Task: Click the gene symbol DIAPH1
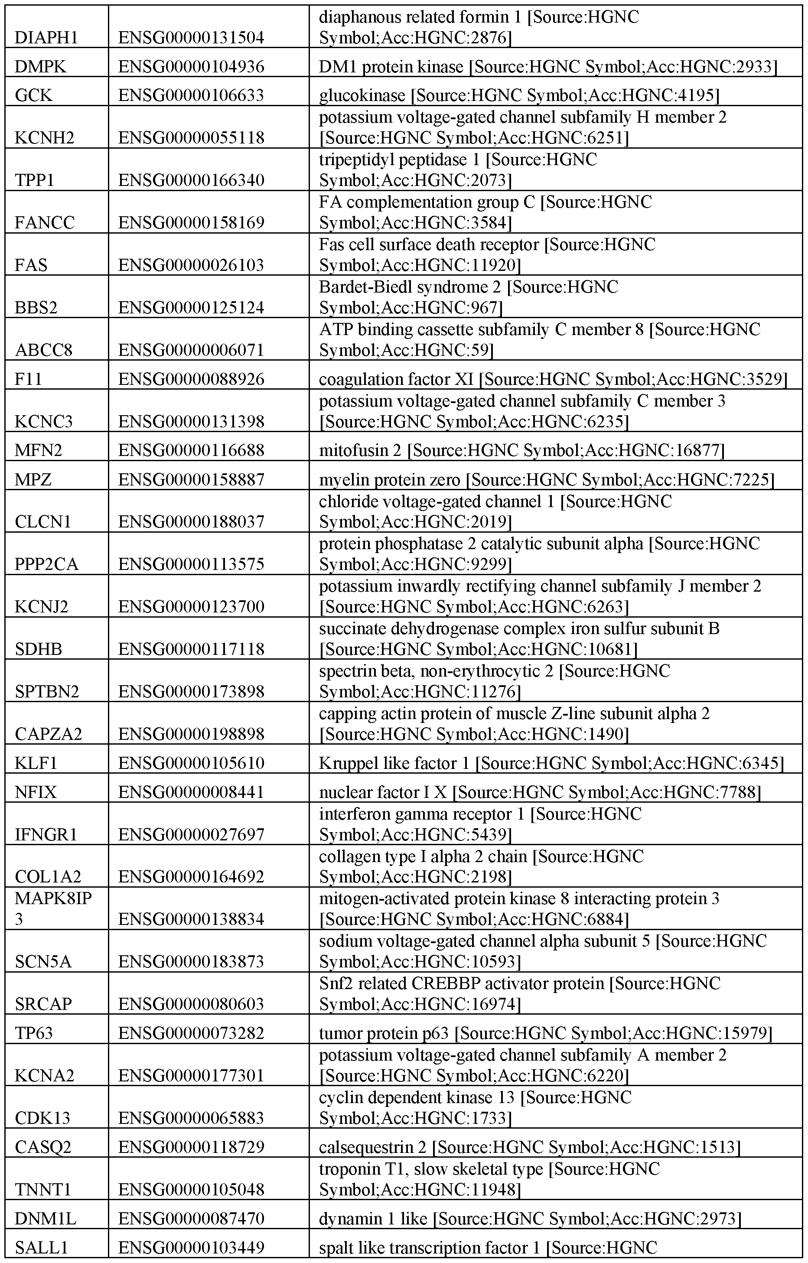tap(46, 38)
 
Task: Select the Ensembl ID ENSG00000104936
tap(191, 67)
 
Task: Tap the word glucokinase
tap(362, 95)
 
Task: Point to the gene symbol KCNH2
tap(45, 137)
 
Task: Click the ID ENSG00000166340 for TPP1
tap(191, 180)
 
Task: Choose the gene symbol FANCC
tap(45, 222)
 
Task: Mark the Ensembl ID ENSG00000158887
tap(191, 479)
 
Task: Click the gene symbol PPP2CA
tap(47, 564)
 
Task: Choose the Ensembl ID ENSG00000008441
tap(191, 792)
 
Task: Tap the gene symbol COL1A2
tap(48, 876)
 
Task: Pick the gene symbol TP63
tap(34, 1033)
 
